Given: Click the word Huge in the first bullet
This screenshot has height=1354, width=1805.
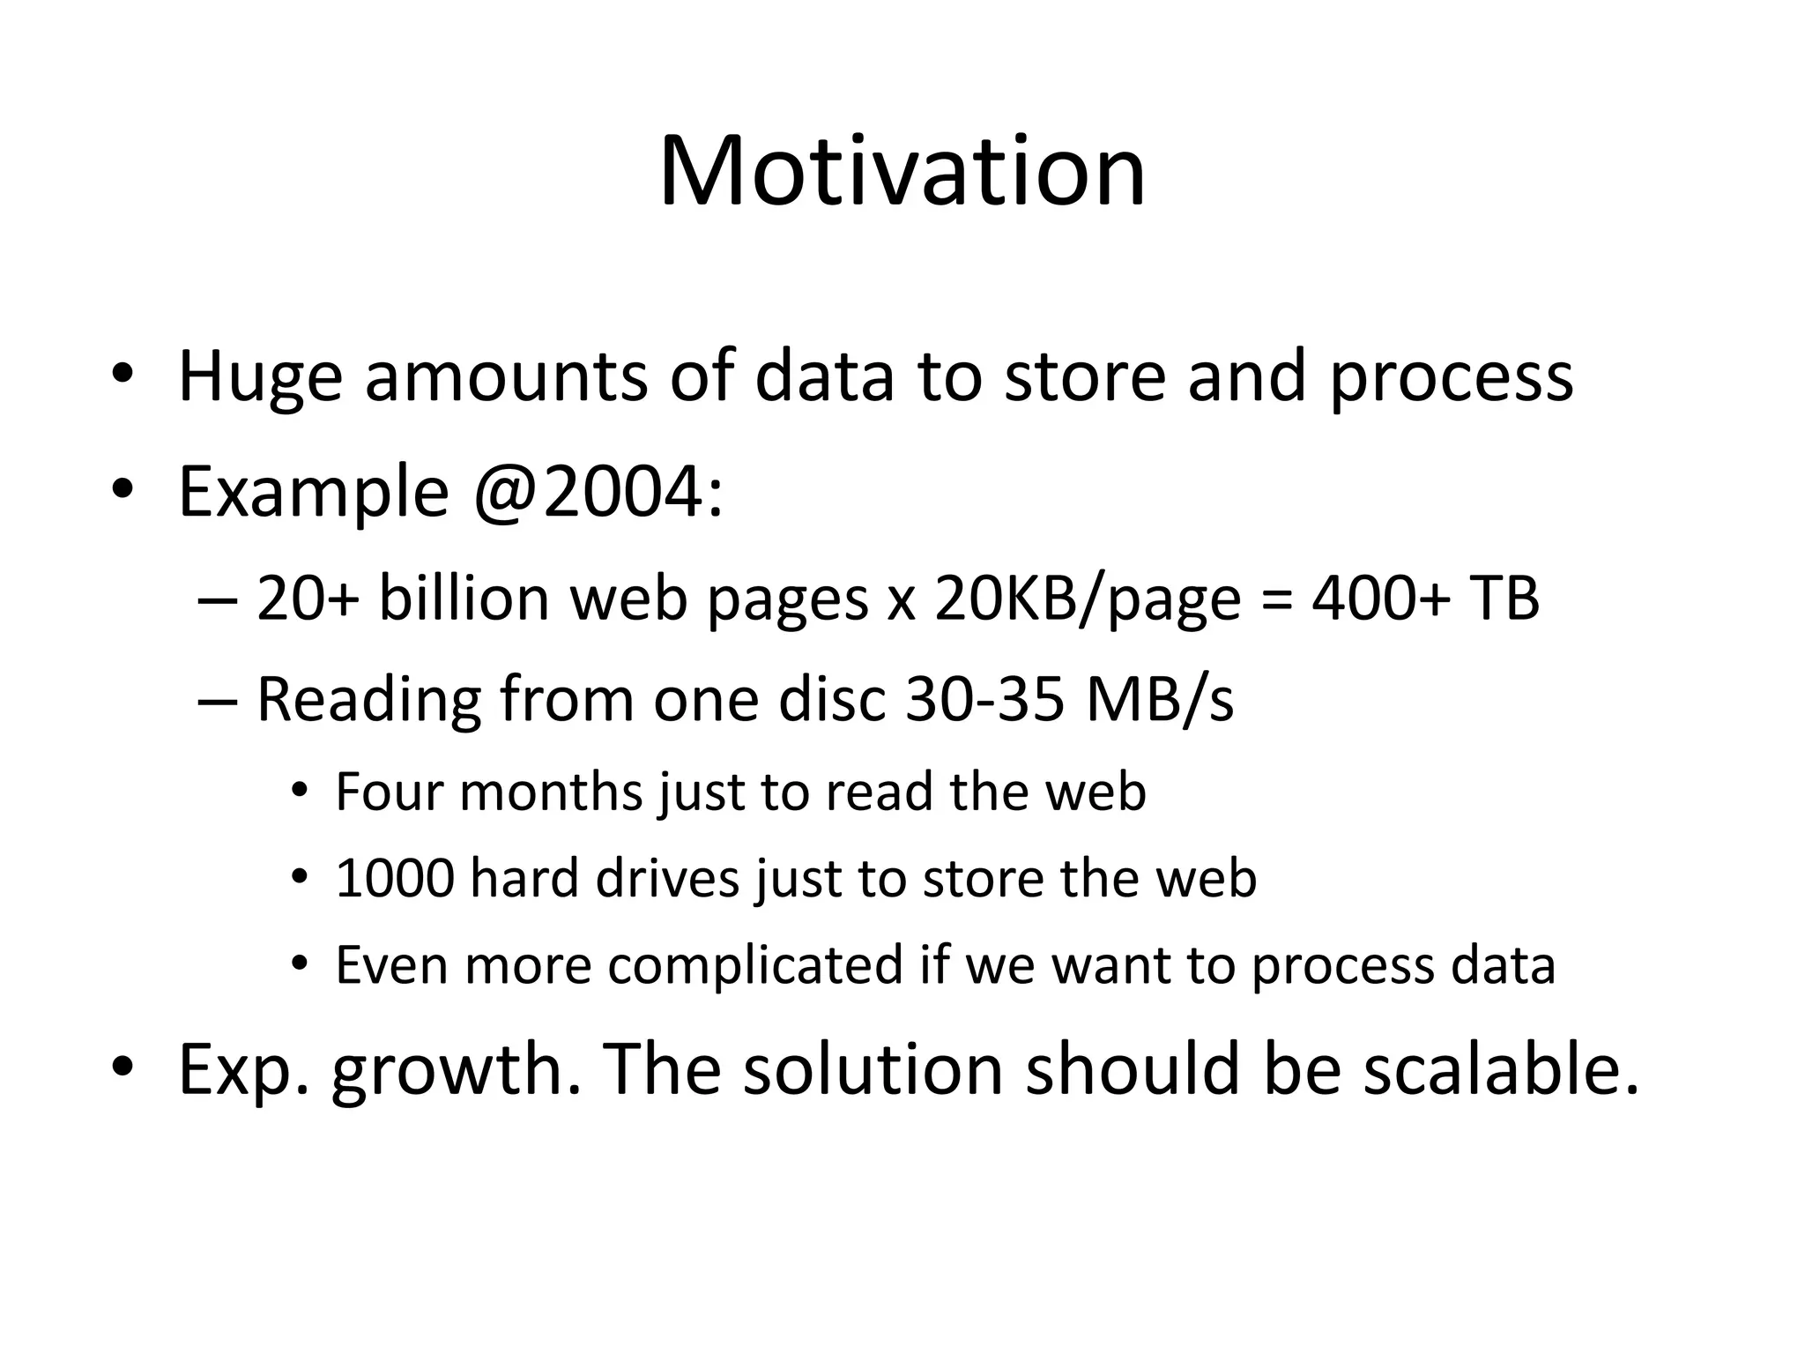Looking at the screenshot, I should [260, 377].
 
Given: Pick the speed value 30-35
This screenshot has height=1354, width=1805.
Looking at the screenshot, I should [985, 700].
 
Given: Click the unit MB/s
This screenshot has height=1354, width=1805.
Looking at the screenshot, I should [1160, 700].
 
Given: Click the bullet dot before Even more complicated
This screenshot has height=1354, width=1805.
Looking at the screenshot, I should [300, 963].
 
